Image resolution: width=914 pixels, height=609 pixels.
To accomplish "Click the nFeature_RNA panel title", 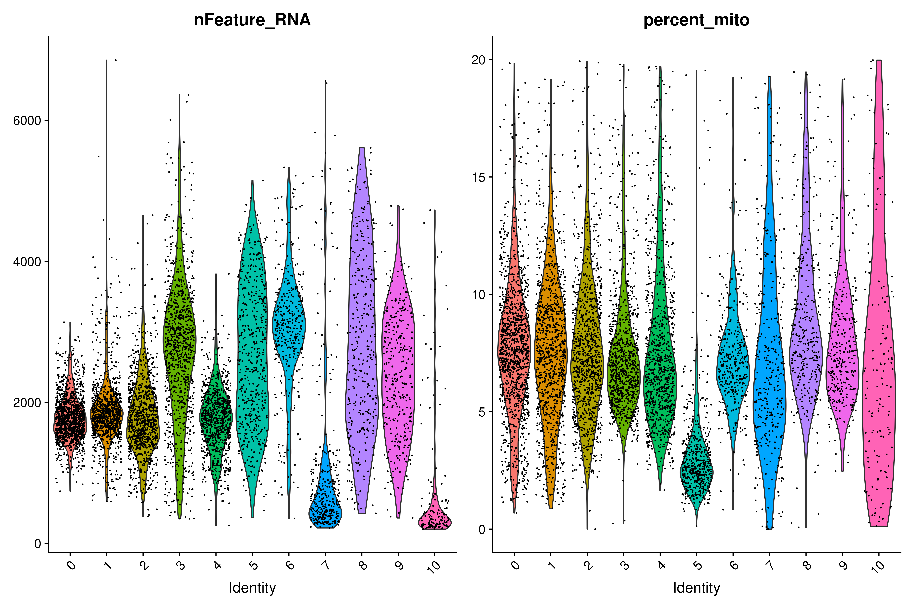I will point(252,20).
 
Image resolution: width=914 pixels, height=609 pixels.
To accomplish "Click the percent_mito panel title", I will point(696,20).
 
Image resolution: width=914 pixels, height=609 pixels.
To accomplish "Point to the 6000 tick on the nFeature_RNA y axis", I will point(27,121).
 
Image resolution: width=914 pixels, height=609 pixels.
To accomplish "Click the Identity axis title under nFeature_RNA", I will point(252,588).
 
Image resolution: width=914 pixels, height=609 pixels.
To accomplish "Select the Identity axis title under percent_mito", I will point(696,588).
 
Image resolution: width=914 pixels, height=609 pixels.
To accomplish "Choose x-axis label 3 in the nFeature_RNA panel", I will point(180,565).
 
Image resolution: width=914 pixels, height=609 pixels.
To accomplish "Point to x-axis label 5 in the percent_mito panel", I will point(698,565).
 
